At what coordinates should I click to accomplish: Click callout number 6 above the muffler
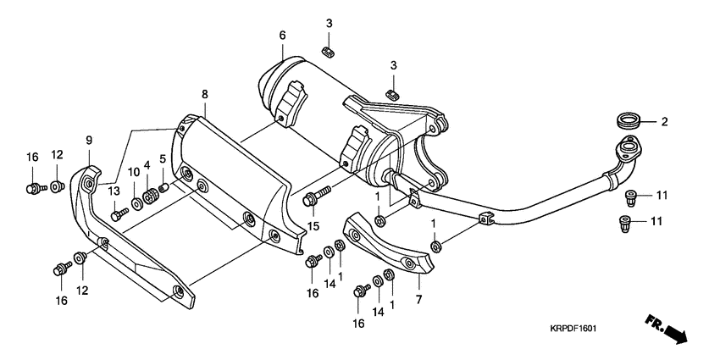(x=282, y=35)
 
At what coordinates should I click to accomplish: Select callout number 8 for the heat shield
(x=204, y=95)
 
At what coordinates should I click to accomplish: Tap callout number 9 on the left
(x=88, y=140)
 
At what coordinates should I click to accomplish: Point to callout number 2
(x=664, y=122)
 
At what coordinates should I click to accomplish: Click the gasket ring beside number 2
(x=629, y=118)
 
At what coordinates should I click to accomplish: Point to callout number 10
(x=133, y=173)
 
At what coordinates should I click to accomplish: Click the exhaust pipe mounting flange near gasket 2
(x=628, y=151)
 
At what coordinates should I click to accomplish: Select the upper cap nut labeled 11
(x=630, y=197)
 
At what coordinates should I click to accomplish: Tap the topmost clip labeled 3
(x=330, y=53)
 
